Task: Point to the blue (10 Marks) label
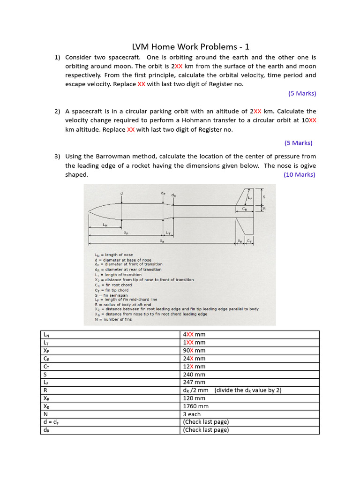[x=300, y=174]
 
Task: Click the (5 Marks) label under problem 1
[x=302, y=93]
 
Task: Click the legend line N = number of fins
[x=113, y=319]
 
